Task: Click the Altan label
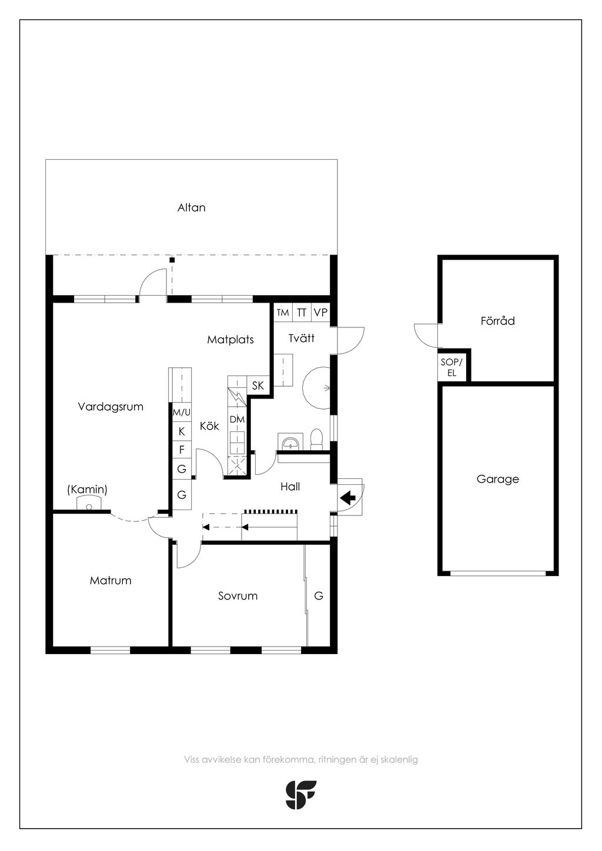pyautogui.click(x=191, y=207)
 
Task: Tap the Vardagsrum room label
pyautogui.click(x=111, y=407)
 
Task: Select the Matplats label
pyautogui.click(x=230, y=339)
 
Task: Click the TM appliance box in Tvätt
pyautogui.click(x=283, y=312)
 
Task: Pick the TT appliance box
pyautogui.click(x=302, y=312)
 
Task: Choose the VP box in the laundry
pyautogui.click(x=320, y=312)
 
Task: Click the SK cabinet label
pyautogui.click(x=258, y=386)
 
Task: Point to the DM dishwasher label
pyautogui.click(x=237, y=420)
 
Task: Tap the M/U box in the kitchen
pyautogui.click(x=182, y=412)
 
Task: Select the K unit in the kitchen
pyautogui.click(x=182, y=431)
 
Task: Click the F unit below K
pyautogui.click(x=182, y=450)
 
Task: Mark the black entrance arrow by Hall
pyautogui.click(x=348, y=496)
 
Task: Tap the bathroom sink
pyautogui.click(x=291, y=442)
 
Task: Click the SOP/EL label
pyautogui.click(x=451, y=367)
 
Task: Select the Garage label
pyautogui.click(x=497, y=479)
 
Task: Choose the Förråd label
pyautogui.click(x=497, y=321)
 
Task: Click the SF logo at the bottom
pyautogui.click(x=300, y=795)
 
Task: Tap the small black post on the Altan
pyautogui.click(x=172, y=260)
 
